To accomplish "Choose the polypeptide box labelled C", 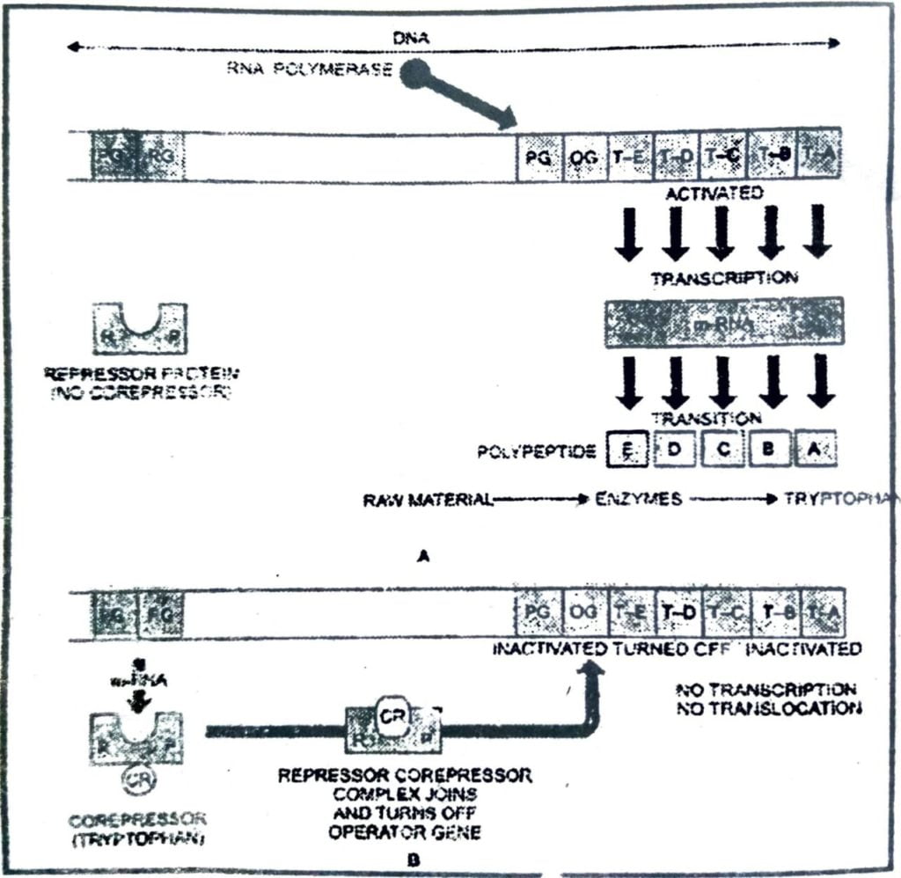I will [x=721, y=450].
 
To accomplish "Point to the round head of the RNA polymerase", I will [x=415, y=74].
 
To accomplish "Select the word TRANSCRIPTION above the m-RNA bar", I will [x=724, y=278].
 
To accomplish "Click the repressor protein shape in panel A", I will [x=140, y=327].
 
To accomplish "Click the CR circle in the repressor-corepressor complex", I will [x=391, y=713].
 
